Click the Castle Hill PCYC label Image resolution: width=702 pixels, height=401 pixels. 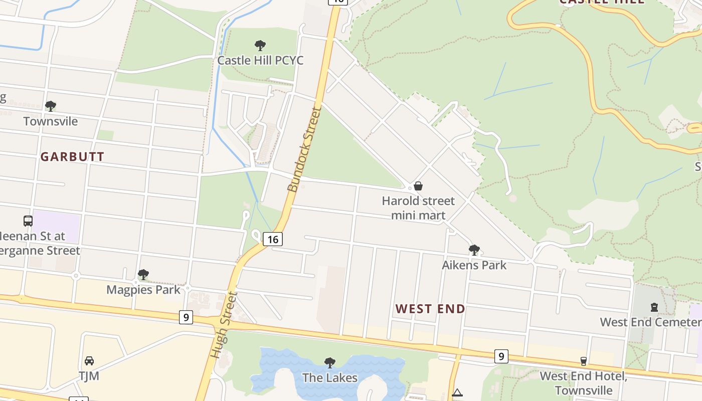point(260,61)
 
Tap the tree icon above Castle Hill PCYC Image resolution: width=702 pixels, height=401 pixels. point(260,46)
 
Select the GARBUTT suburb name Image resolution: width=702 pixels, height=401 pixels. point(72,157)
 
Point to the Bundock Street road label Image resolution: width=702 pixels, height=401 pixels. point(304,149)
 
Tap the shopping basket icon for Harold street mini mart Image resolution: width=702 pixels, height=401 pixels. point(418,186)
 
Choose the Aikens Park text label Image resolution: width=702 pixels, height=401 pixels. point(474,265)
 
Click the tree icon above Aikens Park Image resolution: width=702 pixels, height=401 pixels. point(474,250)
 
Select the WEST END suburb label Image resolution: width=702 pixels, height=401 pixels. point(430,309)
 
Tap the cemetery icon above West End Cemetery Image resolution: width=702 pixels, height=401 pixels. point(654,307)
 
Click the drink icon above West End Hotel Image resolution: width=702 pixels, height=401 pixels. point(583,361)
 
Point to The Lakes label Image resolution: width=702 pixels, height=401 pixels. point(329,377)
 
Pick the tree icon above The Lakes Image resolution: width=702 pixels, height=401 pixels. point(329,362)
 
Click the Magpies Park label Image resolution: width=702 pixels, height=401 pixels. point(143,290)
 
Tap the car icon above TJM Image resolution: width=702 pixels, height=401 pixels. point(89,361)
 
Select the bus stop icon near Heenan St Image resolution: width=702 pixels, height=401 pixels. point(28,221)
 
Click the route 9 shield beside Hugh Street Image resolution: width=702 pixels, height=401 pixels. point(186,317)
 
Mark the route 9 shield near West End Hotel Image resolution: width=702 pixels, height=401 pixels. point(500,356)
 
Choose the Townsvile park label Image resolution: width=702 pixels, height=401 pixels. point(51,121)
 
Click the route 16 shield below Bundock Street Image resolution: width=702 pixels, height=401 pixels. point(272,239)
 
